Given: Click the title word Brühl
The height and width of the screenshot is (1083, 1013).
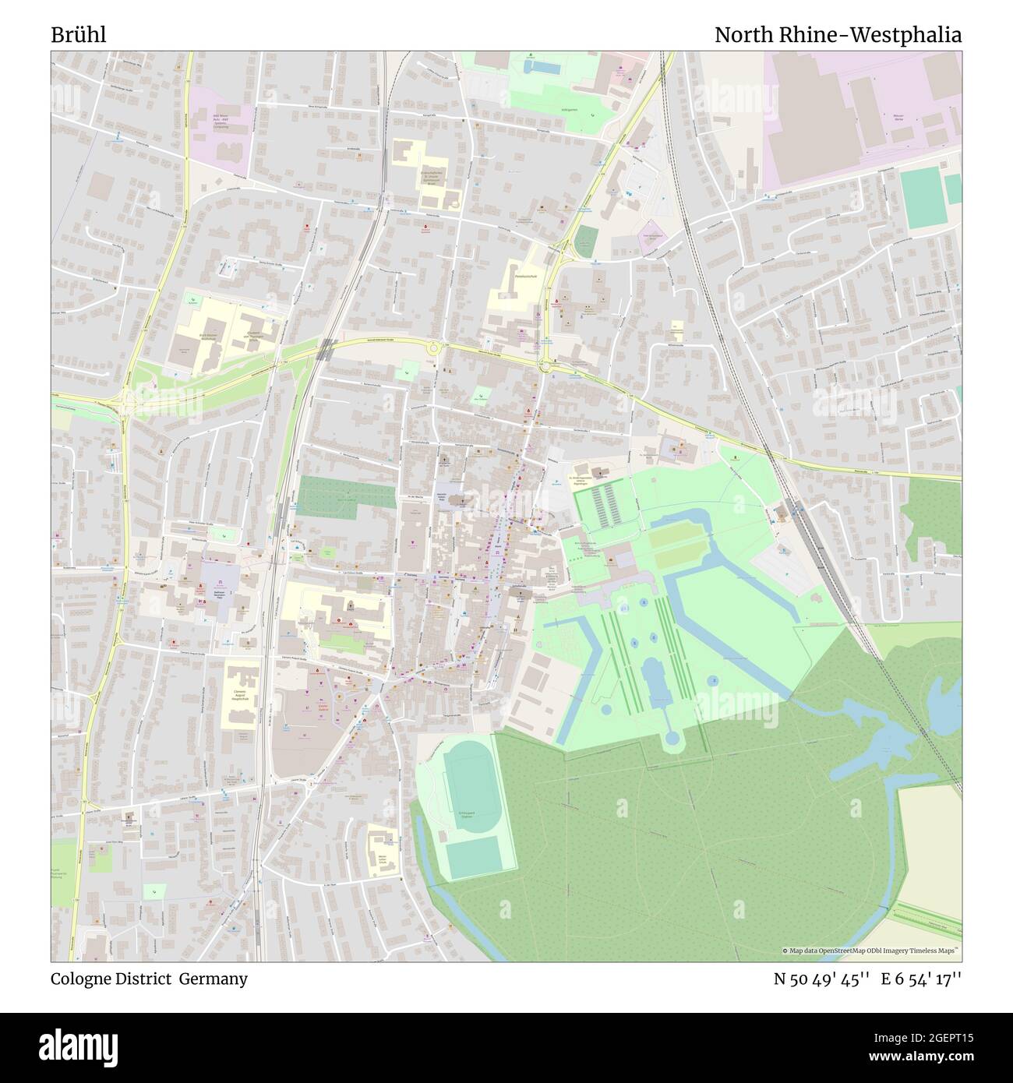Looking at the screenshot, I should click(x=79, y=35).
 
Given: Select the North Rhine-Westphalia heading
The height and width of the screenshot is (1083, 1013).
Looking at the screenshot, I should click(x=838, y=35).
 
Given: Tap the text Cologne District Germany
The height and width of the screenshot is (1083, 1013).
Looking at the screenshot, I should click(x=150, y=979).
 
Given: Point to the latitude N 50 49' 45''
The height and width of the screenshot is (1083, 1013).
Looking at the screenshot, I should click(x=821, y=979).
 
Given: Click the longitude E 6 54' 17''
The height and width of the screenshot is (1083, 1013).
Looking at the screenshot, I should click(x=921, y=979).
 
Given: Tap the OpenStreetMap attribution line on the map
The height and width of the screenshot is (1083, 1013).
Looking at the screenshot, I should click(x=870, y=951).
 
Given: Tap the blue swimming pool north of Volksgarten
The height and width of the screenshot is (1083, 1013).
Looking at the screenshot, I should click(x=541, y=68).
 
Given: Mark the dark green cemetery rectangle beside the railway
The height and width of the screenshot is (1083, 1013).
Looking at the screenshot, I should click(x=335, y=496).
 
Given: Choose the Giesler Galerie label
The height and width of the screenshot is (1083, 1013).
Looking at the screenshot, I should click(x=313, y=704).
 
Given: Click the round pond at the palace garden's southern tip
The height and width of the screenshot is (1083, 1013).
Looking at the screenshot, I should click(x=672, y=738).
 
